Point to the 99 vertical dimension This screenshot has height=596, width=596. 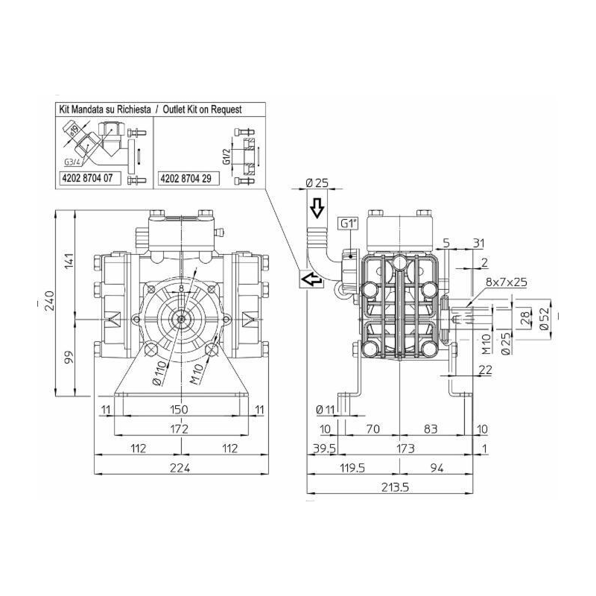click(x=69, y=358)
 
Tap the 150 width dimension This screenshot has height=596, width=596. click(x=179, y=409)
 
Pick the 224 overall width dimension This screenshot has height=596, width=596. click(x=179, y=467)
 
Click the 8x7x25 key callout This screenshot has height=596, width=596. click(x=506, y=282)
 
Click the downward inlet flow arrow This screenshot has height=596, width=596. click(x=316, y=208)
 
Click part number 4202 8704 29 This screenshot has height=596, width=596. click(x=189, y=180)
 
